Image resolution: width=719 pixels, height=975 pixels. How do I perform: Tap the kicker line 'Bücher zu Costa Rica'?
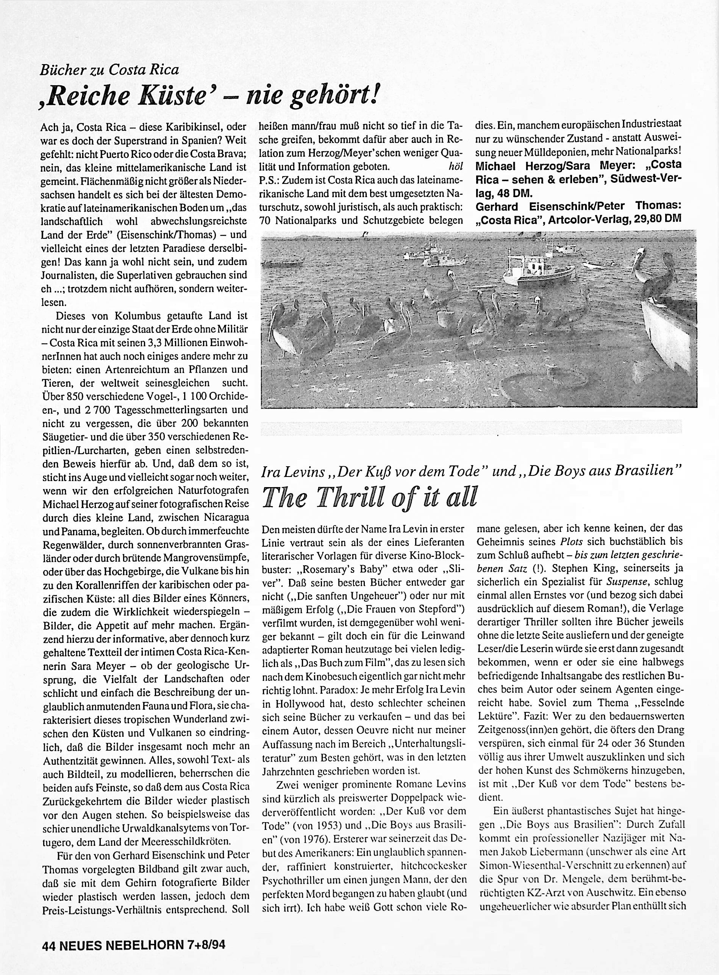pyautogui.click(x=109, y=70)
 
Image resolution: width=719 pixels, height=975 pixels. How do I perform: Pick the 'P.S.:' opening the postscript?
pyautogui.click(x=269, y=179)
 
